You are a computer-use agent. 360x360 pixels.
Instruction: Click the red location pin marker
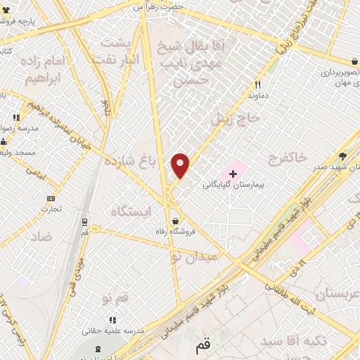tap(181, 166)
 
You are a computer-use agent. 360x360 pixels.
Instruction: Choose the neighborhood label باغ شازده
tap(129, 162)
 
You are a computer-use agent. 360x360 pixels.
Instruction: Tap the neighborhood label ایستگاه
tap(130, 210)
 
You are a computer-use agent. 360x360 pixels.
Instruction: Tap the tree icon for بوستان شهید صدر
tap(342, 155)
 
